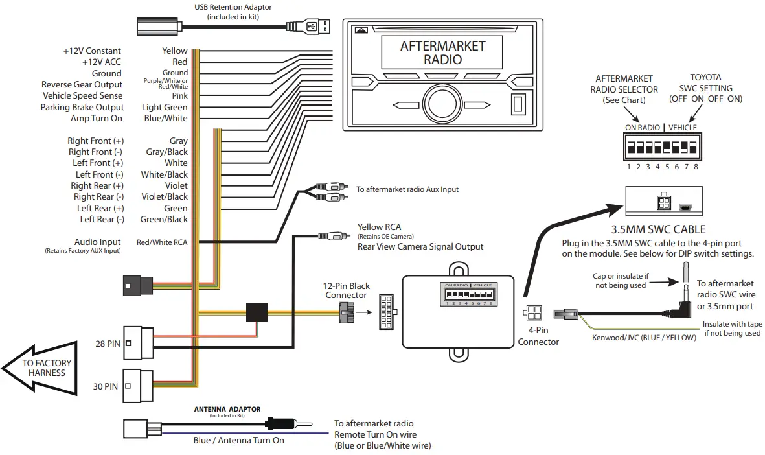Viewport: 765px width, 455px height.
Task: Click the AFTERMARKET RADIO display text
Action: pos(442,52)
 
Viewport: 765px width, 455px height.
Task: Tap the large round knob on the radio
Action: pos(442,104)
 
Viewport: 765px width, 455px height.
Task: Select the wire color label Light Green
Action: pos(165,107)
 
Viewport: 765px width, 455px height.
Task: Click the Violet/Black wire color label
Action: pos(164,196)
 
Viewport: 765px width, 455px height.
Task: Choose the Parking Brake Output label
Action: pos(82,107)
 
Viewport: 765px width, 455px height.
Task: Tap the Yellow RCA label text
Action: pos(379,227)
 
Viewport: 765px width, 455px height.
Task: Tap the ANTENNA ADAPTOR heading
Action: pos(227,409)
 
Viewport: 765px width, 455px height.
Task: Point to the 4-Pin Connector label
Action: pos(538,336)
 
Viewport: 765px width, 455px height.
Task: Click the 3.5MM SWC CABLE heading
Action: pos(658,229)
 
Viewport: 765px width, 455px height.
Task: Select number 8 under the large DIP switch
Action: pos(696,167)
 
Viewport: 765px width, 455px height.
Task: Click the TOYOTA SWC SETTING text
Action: pos(705,88)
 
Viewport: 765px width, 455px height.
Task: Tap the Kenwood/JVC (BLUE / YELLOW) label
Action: pos(644,338)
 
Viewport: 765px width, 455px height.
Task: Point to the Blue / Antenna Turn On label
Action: pos(238,440)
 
